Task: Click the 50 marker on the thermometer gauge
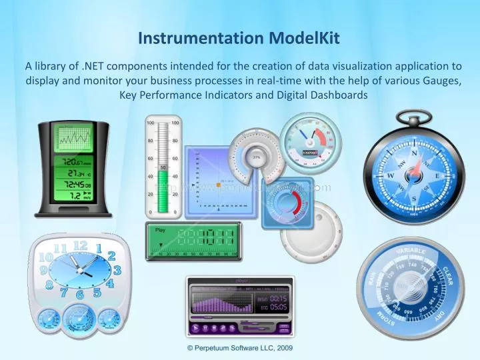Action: tap(163, 167)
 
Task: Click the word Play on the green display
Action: tap(160, 230)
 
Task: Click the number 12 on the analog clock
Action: tap(80, 246)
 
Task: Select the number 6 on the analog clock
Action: tap(80, 294)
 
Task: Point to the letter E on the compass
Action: tap(437, 176)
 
